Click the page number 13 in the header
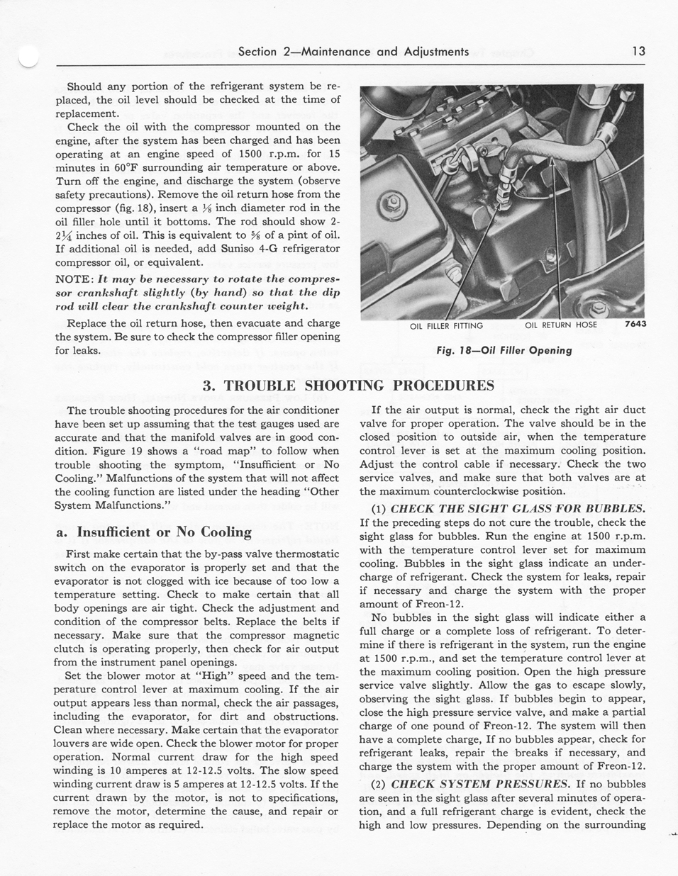pyautogui.click(x=638, y=52)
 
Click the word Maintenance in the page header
pyautogui.click(x=338, y=52)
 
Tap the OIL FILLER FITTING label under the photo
pyautogui.click(x=446, y=326)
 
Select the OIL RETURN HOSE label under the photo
pyautogui.click(x=561, y=325)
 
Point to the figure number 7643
pyautogui.click(x=635, y=325)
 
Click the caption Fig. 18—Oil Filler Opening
pyautogui.click(x=504, y=350)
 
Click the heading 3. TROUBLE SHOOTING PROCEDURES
pyautogui.click(x=348, y=386)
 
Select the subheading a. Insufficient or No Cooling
pyautogui.click(x=153, y=532)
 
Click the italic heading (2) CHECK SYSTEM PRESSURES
pyautogui.click(x=480, y=784)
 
